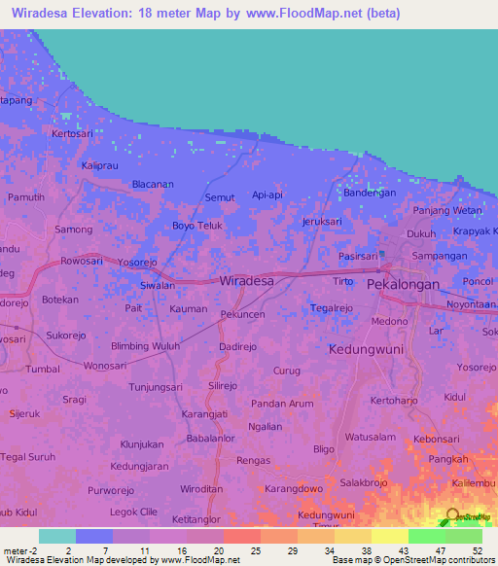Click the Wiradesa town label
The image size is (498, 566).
247,280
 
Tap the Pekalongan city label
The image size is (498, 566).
404,285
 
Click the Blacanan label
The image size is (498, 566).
153,184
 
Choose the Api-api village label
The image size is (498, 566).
267,195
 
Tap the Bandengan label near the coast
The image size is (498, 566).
370,193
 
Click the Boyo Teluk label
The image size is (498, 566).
197,225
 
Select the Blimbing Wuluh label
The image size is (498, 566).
146,346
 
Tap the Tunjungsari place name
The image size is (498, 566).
158,386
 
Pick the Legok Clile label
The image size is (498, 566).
134,512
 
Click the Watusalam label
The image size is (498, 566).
369,436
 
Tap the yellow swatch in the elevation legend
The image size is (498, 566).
389,536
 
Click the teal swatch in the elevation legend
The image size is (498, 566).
57,536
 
